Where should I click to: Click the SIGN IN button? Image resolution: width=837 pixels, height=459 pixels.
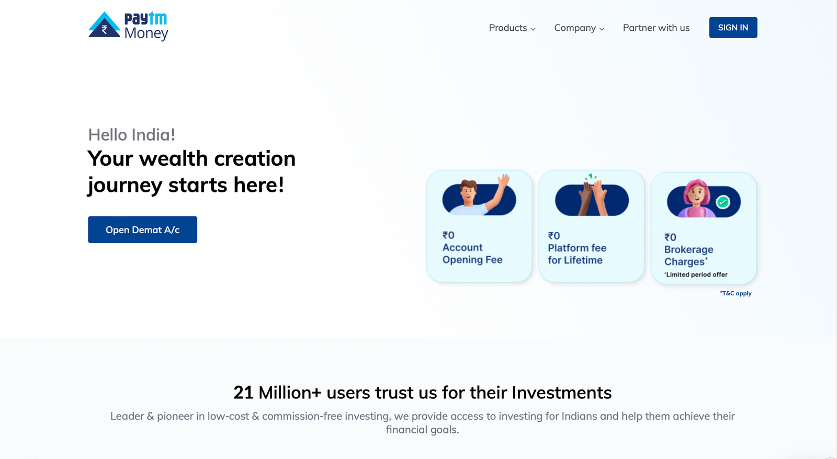point(733,27)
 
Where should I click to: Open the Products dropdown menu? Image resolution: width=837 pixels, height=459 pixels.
point(512,28)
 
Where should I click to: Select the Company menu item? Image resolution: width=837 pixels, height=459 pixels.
point(579,28)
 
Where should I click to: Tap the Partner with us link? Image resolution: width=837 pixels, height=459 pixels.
point(656,28)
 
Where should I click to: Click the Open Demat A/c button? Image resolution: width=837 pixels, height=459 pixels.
point(142,229)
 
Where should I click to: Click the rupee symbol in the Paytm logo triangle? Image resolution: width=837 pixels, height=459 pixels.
point(105,29)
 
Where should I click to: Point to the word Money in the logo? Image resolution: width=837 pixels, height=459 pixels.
point(146,33)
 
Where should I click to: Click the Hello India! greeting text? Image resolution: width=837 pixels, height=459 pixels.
point(131,135)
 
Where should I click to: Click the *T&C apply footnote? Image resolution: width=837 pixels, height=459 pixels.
point(736,293)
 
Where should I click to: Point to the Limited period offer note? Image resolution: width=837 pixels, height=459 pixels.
point(696,274)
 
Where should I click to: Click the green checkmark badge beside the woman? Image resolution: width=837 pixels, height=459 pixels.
point(722,202)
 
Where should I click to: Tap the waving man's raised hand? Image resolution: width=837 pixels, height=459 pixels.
point(503,180)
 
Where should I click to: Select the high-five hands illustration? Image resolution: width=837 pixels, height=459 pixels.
point(592,196)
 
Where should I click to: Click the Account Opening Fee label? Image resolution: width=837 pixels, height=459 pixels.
point(472,254)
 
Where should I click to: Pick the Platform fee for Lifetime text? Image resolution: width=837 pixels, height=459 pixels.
point(577,254)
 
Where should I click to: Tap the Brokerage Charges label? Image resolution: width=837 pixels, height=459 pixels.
point(688,256)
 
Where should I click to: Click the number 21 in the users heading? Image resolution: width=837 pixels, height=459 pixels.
point(243,393)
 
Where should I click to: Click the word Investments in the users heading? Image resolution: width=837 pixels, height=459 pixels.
point(562,393)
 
